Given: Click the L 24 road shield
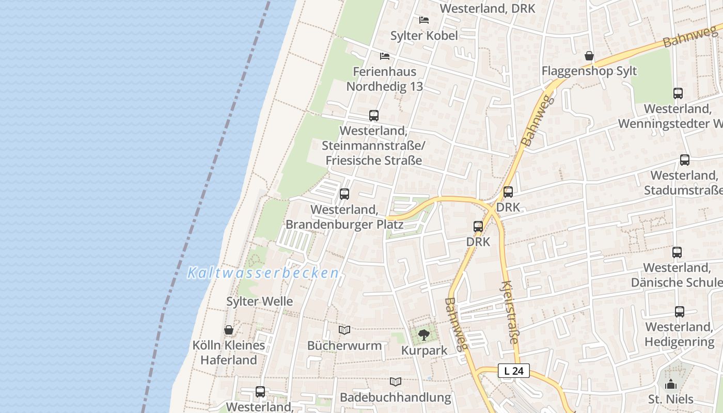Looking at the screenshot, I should point(514,371).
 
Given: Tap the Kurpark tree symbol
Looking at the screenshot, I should point(423,335).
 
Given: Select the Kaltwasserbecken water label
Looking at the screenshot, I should point(263,273).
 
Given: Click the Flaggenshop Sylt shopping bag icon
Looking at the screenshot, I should point(589,56).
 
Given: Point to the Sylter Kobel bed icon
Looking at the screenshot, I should point(424,20).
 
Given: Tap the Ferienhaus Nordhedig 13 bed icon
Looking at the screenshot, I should point(385,56).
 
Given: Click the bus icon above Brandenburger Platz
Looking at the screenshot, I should point(344,194).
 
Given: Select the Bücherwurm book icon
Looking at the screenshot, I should point(344,330).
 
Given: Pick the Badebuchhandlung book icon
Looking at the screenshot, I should point(396,382).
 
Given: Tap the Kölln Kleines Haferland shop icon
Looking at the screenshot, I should point(229,329).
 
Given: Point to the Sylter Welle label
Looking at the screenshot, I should point(260,301).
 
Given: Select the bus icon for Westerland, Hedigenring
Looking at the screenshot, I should point(680,312).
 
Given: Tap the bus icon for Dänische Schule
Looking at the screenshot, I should point(677,252).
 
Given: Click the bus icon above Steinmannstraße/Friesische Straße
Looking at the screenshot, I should point(374,116).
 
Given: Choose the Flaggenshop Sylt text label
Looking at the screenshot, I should point(589,71).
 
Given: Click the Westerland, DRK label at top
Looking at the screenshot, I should point(487,8).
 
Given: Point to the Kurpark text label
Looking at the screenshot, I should point(425,351).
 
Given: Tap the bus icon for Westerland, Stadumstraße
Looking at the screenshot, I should point(685,160).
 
